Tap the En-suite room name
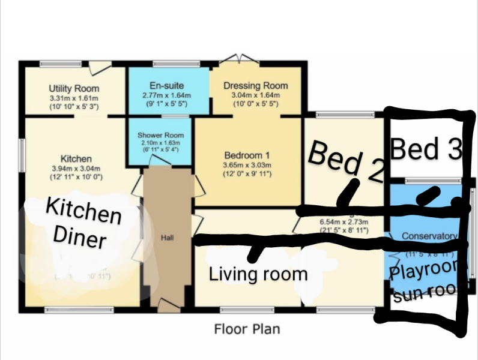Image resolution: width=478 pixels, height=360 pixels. point(166,86)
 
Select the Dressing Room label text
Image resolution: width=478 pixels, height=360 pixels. point(255,86)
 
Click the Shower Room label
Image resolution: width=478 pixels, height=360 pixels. point(160,135)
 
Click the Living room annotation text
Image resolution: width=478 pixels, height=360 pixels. point(258,275)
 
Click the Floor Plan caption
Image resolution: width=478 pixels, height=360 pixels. point(247,329)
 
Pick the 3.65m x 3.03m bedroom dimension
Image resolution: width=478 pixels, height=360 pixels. point(247,165)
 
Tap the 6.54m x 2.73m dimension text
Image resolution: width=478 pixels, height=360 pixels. point(343,220)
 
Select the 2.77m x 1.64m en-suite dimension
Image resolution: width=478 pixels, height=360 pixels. point(166,95)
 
